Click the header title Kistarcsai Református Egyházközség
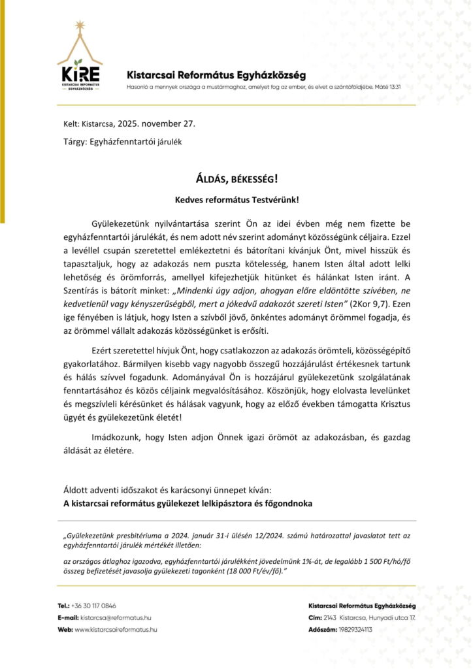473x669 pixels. click(x=216, y=75)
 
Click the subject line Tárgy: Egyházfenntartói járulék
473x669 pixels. click(x=122, y=140)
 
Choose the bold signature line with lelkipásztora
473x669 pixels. click(x=188, y=503)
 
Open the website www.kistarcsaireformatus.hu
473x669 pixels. click(x=116, y=629)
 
